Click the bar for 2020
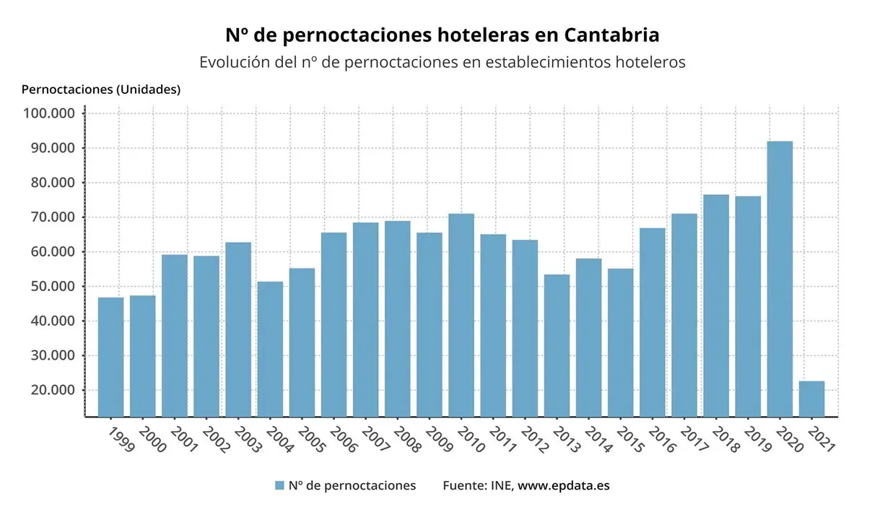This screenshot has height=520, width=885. point(780,279)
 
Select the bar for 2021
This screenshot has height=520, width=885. point(811,399)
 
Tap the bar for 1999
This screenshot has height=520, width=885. point(110,357)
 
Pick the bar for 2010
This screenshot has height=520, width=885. point(461,315)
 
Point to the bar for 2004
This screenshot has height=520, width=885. point(270,349)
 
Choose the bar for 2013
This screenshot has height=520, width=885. point(557,345)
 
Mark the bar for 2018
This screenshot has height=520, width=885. point(716,305)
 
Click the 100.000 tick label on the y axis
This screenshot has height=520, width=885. point(49,113)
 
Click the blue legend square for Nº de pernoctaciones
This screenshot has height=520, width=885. point(279,485)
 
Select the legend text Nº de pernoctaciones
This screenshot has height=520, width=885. point(352,485)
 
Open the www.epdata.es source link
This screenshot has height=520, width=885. point(563,485)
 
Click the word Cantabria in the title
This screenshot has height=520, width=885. point(611,35)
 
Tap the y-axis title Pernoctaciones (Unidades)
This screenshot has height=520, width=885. point(101,90)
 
